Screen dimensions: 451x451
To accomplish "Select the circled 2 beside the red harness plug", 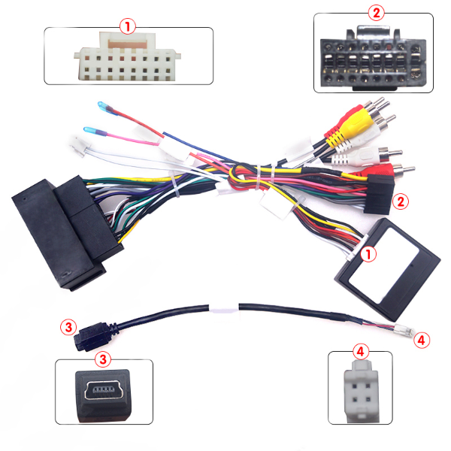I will coord(401,201).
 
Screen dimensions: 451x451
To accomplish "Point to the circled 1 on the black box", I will coord(368,255).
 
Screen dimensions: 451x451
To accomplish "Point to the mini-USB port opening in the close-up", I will coord(104,392).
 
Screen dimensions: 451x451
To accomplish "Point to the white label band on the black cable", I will coord(222,308).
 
